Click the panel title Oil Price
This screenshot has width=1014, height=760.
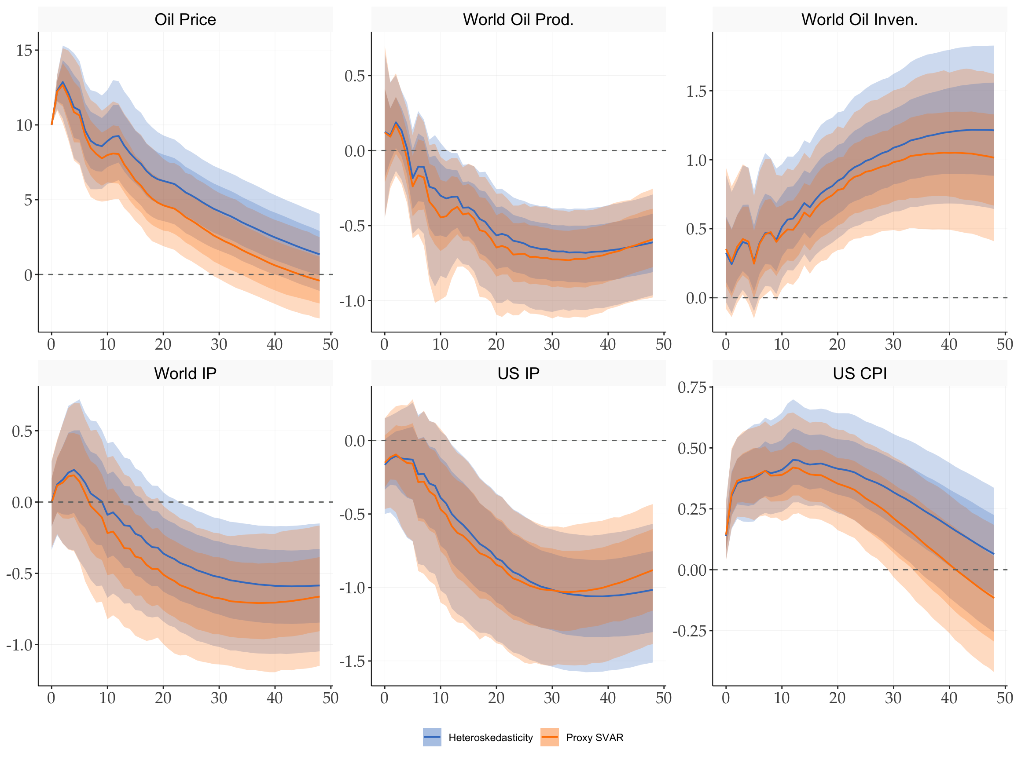(x=185, y=20)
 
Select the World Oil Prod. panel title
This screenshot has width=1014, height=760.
(x=518, y=20)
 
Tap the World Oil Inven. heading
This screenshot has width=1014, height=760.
(x=860, y=20)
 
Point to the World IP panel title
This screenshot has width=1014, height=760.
(x=185, y=373)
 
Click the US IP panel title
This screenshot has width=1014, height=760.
(x=518, y=373)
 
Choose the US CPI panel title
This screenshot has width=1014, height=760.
(x=860, y=373)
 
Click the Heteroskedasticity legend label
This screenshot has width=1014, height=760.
(x=491, y=738)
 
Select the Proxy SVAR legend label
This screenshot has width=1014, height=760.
(x=595, y=738)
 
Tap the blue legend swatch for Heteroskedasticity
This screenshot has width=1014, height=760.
(x=432, y=737)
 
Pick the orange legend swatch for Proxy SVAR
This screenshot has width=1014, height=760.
(x=549, y=737)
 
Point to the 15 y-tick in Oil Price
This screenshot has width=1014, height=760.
(x=24, y=51)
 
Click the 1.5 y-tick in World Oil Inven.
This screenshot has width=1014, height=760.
(x=696, y=91)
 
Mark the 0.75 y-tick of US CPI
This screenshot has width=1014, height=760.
(x=692, y=387)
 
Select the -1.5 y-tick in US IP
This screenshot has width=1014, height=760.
(x=354, y=661)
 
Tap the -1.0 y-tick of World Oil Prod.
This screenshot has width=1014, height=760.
(x=354, y=301)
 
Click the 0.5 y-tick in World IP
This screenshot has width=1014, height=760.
(x=22, y=431)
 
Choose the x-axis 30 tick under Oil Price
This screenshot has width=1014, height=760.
(x=219, y=344)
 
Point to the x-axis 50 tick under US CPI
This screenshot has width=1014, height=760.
(x=1004, y=698)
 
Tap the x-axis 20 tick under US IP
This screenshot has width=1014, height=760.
(x=496, y=698)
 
